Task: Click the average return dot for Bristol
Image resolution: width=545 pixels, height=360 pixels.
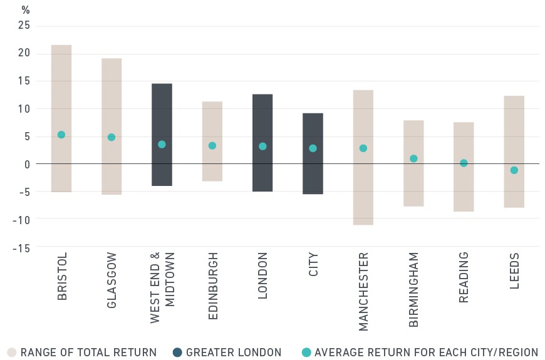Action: [x=61, y=135]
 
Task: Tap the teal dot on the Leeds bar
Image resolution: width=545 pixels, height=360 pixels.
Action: [x=514, y=170]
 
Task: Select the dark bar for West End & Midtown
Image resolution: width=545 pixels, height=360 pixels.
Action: [x=162, y=135]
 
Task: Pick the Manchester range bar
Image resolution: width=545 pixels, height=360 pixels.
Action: [x=363, y=157]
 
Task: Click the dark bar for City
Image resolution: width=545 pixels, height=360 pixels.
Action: [x=313, y=153]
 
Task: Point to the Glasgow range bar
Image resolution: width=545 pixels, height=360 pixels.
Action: [x=112, y=126]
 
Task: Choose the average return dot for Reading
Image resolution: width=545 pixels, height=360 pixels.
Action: [x=464, y=163]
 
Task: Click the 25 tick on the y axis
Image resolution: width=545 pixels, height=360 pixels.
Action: [x=24, y=25]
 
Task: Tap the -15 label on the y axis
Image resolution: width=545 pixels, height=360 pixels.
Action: [x=21, y=248]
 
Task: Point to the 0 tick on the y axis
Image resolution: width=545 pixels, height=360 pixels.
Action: [x=27, y=165]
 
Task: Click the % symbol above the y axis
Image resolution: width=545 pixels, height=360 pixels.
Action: [x=26, y=10]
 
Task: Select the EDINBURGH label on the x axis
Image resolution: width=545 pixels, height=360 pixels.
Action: [x=213, y=286]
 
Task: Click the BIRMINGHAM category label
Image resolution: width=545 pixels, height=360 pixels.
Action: [x=413, y=290]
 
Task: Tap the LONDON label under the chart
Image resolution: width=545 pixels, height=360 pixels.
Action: [x=262, y=275]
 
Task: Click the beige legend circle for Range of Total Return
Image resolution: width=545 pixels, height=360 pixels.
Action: [x=12, y=352]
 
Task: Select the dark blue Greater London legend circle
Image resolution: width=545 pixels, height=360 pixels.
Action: [x=177, y=352]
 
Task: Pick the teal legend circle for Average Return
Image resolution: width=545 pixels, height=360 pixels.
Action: [x=306, y=352]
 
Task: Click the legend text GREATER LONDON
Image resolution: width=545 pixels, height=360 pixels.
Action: [x=234, y=352]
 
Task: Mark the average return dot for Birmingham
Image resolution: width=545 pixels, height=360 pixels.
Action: [x=413, y=158]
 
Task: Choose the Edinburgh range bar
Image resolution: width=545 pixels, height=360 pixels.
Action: [x=212, y=141]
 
